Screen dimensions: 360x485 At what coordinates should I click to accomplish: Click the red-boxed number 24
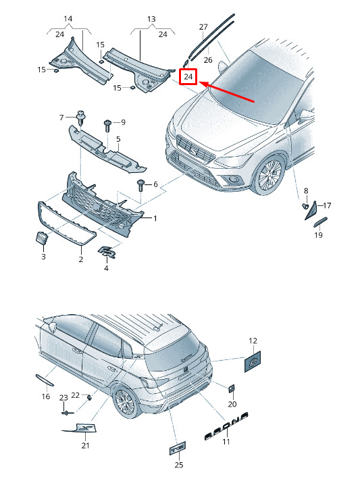click(x=188, y=76)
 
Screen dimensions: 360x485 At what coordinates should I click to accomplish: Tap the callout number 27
click(x=203, y=27)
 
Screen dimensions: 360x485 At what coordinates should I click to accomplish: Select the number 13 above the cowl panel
click(x=151, y=19)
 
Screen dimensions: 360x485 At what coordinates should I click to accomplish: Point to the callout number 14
click(x=68, y=18)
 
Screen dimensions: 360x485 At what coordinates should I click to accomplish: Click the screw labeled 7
click(x=81, y=118)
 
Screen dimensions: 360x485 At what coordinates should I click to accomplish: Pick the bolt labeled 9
click(x=107, y=126)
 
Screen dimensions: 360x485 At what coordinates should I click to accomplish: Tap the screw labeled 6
click(x=141, y=185)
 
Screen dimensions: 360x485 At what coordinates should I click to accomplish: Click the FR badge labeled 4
click(x=107, y=252)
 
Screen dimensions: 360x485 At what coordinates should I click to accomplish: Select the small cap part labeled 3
click(x=41, y=238)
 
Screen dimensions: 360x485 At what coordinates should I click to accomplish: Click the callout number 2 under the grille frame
click(x=81, y=259)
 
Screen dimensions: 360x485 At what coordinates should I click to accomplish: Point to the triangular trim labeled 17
click(x=311, y=211)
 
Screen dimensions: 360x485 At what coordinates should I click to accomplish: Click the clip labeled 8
click(x=305, y=206)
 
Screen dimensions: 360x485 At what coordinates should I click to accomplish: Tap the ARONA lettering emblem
click(x=227, y=426)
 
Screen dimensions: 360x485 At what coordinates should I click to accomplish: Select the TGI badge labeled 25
click(x=178, y=449)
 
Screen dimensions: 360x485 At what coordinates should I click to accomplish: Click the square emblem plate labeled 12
click(x=253, y=361)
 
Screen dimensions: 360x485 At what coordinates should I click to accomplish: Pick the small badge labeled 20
click(x=232, y=389)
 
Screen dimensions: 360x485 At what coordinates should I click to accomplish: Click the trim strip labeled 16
click(x=45, y=380)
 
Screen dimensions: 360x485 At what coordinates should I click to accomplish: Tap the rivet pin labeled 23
click(x=67, y=412)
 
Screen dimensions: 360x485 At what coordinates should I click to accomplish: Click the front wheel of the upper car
click(x=269, y=176)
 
